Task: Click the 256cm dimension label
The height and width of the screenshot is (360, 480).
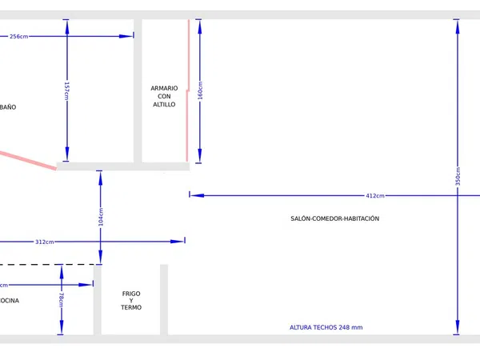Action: pos(19,36)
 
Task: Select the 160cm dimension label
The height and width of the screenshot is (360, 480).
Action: pos(200,93)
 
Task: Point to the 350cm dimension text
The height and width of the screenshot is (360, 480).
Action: pos(458,176)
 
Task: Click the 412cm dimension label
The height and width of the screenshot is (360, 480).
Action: pos(374,195)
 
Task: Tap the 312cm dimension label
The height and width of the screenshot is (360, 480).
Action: pos(45,242)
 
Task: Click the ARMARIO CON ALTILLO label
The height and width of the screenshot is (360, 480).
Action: pos(164,96)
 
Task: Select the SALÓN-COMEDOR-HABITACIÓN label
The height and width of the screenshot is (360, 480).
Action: pos(335,218)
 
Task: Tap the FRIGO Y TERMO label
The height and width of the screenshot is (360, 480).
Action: pos(131,301)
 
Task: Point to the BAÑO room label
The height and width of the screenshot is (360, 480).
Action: pos(8,106)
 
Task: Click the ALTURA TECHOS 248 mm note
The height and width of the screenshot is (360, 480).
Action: pos(326,327)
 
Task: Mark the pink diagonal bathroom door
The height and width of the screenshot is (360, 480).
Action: pos(28,159)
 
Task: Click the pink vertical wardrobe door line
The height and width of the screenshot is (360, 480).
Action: pos(188,88)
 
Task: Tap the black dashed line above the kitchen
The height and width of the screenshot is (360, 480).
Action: pos(48,264)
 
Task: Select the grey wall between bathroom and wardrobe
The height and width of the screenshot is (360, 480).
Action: pos(138,88)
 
